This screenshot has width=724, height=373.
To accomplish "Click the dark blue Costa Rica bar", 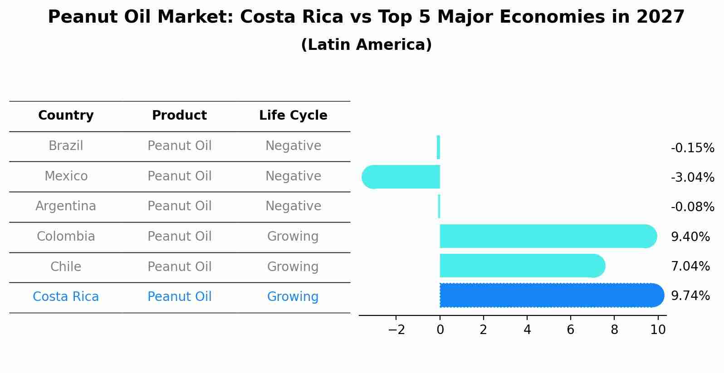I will pyautogui.click(x=551, y=295).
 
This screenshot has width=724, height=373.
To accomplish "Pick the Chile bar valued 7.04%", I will pyautogui.click(x=522, y=266).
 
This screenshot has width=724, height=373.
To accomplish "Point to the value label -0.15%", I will pyautogui.click(x=692, y=148).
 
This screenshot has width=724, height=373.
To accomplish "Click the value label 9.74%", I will pyautogui.click(x=690, y=296).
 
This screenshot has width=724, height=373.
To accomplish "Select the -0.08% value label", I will pyautogui.click(x=692, y=207).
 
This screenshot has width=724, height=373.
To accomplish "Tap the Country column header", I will pyautogui.click(x=66, y=116).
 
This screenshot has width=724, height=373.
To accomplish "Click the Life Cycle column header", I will pyautogui.click(x=293, y=116).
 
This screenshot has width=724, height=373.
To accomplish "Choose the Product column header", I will pyautogui.click(x=179, y=116).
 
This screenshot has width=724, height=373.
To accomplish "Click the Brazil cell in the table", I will pyautogui.click(x=66, y=146).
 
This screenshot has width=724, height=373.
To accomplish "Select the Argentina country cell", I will pyautogui.click(x=66, y=206).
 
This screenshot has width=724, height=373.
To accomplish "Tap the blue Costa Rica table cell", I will pyautogui.click(x=66, y=297).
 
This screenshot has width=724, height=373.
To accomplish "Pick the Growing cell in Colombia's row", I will pyautogui.click(x=293, y=237).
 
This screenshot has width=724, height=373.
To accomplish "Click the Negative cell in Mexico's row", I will pyautogui.click(x=293, y=176).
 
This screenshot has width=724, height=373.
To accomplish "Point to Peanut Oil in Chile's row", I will pyautogui.click(x=179, y=267).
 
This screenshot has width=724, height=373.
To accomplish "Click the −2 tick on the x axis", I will pyautogui.click(x=396, y=330).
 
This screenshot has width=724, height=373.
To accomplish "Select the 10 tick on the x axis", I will pyautogui.click(x=658, y=330).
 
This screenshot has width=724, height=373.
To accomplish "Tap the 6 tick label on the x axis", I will pyautogui.click(x=571, y=330).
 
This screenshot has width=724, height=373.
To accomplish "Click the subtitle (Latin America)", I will pyautogui.click(x=366, y=45).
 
